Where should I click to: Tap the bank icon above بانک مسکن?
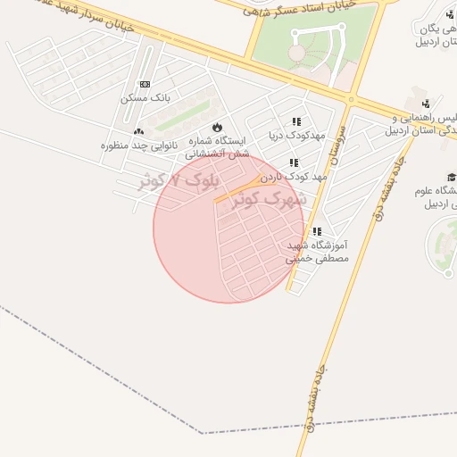pyautogui.click(x=145, y=85)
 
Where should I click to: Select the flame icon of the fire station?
pyautogui.click(x=217, y=127)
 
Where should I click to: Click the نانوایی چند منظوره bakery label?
pyautogui.click(x=139, y=145)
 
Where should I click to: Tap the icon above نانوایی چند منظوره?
pyautogui.click(x=138, y=132)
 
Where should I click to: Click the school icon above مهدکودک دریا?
pyautogui.click(x=296, y=122)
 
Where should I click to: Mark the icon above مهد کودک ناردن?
pyautogui.click(x=294, y=163)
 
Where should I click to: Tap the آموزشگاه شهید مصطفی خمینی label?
pyautogui.click(x=317, y=251)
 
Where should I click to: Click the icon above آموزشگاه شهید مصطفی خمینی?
pyautogui.click(x=317, y=232)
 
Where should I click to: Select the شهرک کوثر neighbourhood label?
pyautogui.click(x=270, y=199)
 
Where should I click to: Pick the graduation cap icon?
pyautogui.click(x=452, y=177)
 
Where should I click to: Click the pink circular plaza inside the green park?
pyautogui.click(x=295, y=54)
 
